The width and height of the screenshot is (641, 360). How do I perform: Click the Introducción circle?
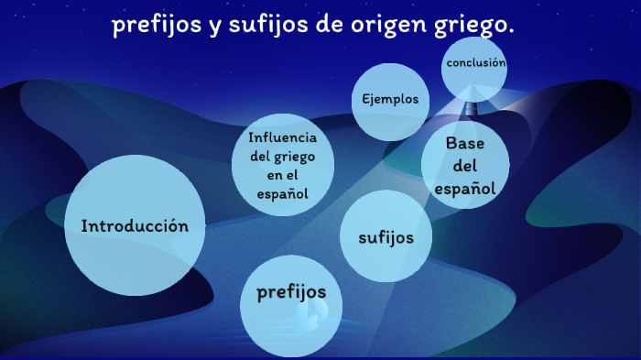(x=135, y=225)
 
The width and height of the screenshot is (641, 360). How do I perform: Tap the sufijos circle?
(x=386, y=236)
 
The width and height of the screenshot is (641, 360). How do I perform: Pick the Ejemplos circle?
(x=390, y=100)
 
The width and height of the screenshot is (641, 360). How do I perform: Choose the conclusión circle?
(x=474, y=64)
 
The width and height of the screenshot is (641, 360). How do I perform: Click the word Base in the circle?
(x=464, y=143)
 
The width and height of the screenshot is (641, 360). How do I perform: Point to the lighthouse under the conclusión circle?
(x=473, y=104)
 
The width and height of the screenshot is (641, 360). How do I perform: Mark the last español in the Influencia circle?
(x=282, y=193)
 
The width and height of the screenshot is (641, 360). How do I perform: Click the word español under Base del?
(x=465, y=188)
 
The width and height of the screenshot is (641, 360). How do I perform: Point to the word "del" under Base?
(x=465, y=166)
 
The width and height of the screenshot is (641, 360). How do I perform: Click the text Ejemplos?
(x=390, y=100)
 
